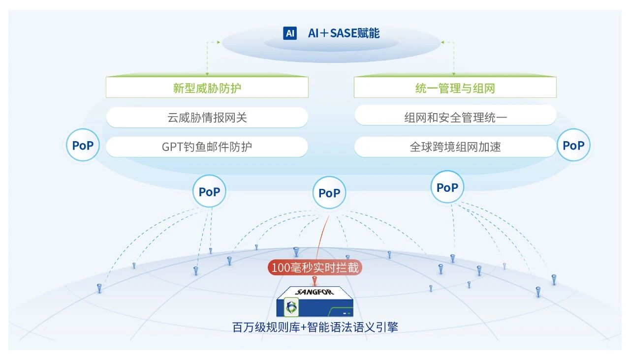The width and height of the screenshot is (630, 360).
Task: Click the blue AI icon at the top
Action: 290,33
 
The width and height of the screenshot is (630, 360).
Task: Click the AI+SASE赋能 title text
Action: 344,33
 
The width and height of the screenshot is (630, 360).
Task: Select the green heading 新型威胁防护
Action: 207,89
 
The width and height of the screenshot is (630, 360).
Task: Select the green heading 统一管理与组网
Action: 455,89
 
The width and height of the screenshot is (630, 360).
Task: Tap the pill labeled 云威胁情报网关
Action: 207,118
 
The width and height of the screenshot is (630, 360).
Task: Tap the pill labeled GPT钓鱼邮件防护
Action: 207,147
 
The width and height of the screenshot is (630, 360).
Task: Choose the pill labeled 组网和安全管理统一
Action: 455,118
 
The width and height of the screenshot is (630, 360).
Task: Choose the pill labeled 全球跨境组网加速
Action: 455,147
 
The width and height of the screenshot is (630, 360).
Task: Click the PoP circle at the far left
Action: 83,146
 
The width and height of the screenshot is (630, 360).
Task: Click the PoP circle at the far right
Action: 573,146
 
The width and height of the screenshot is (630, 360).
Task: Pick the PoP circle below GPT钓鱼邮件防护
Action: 209,192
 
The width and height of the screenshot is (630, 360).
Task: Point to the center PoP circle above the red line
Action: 329,193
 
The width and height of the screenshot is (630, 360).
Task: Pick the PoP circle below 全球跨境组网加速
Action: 447,188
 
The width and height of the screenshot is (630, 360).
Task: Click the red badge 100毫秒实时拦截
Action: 315,268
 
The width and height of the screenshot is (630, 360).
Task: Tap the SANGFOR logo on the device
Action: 315,292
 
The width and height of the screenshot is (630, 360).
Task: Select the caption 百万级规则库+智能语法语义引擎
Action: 315,328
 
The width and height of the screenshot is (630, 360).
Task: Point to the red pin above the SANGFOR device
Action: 315,281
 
